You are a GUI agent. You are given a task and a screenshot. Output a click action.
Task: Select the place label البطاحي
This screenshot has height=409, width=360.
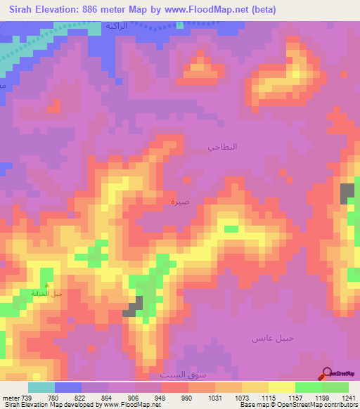[x=223, y=147]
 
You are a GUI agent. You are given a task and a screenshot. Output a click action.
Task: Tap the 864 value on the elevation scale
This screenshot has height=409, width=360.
[x=107, y=398]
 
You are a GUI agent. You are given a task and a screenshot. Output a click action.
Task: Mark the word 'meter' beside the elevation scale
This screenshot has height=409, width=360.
[x=10, y=398]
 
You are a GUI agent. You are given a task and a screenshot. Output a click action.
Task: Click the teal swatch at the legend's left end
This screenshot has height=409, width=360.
[x=41, y=387]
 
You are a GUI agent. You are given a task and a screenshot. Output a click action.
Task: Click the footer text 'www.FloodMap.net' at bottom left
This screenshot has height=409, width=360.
[x=132, y=405]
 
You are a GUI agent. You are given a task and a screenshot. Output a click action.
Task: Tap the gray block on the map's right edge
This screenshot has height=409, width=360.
[x=347, y=194]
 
